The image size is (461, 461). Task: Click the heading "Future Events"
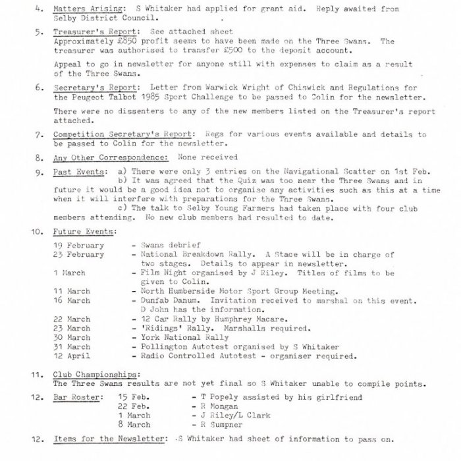pyautogui.click(x=85, y=232)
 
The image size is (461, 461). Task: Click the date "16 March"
pyautogui.click(x=72, y=300)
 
